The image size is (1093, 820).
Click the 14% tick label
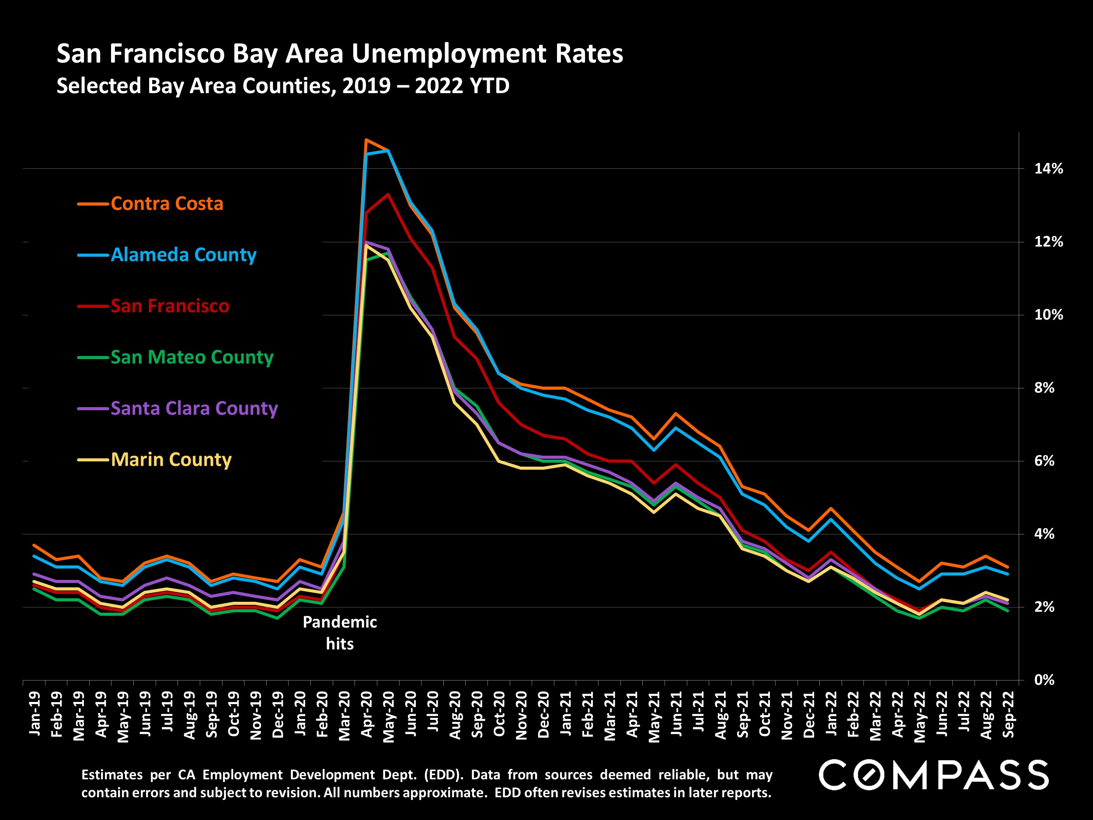1048,169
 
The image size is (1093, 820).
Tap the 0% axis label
1044,680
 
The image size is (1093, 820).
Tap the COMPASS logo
933,775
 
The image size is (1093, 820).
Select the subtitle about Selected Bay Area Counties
282,86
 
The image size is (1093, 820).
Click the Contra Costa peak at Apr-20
365,140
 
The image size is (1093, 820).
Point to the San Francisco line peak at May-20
388,194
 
